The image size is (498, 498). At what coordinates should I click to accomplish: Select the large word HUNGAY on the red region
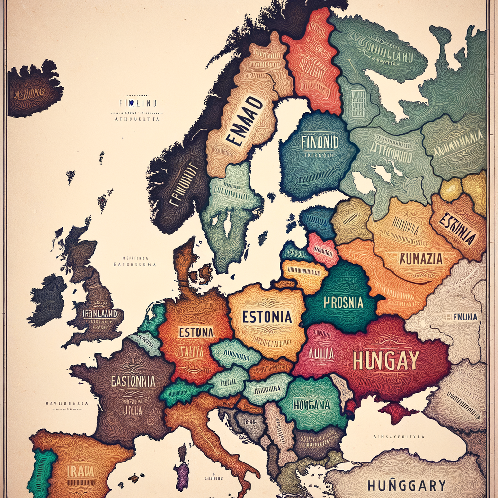click(386, 360)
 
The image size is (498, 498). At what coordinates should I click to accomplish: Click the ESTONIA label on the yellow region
click(267, 317)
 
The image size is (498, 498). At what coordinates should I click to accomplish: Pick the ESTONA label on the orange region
click(196, 333)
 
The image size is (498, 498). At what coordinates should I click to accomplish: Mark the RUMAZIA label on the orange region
click(421, 258)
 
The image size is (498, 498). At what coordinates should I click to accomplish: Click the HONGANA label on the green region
click(312, 404)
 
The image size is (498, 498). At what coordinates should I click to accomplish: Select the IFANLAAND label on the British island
click(100, 314)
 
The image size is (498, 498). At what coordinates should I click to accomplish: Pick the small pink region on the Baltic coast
click(322, 249)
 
